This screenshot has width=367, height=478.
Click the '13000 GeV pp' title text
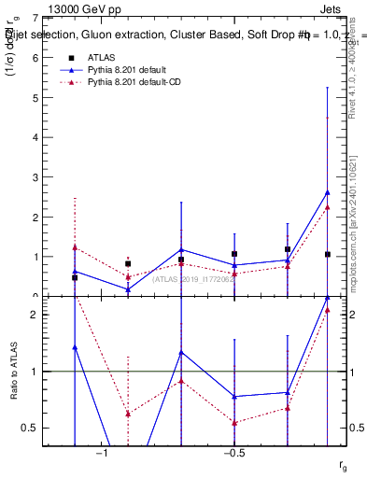[x=85, y=9]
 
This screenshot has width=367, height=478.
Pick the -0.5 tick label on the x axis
[x=233, y=453]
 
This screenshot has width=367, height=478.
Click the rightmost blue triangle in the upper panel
[x=327, y=192]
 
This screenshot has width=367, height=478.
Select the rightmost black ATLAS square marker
[x=327, y=254]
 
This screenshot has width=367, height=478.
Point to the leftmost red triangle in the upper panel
[x=75, y=246]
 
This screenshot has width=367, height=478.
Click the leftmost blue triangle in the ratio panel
[x=75, y=347]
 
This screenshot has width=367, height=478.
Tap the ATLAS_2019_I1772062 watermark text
[x=193, y=279]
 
